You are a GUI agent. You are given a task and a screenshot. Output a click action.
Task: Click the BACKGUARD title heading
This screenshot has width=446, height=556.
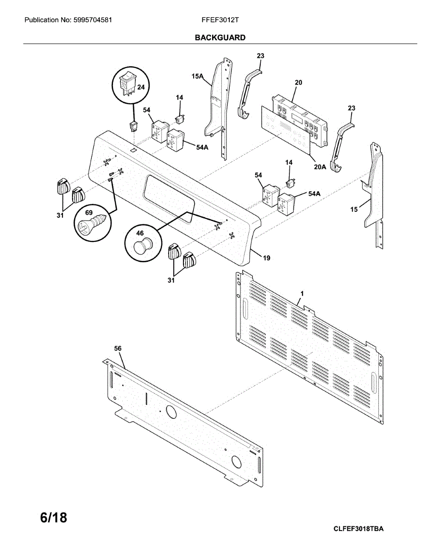coord(220,38)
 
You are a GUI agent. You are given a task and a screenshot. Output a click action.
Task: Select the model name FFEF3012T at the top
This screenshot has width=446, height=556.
coord(220,20)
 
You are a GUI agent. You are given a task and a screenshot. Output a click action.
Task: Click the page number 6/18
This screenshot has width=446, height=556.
coord(54,518)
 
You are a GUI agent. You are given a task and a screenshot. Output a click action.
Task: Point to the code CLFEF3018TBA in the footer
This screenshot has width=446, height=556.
coord(358,529)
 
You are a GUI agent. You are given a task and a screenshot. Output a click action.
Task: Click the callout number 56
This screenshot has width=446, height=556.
coord(118,348)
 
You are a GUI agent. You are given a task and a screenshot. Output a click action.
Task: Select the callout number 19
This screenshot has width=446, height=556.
coord(267,258)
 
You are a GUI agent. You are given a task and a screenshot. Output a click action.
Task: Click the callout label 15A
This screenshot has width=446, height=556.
coord(198,76)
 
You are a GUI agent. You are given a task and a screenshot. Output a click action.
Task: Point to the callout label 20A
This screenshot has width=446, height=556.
coord(320,167)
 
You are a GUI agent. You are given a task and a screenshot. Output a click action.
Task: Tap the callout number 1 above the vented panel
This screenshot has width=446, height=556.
coord(302,294)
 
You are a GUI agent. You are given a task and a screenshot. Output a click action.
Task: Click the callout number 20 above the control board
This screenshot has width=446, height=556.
coord(298,82)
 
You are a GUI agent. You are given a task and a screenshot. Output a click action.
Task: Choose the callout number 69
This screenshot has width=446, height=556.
coord(89,212)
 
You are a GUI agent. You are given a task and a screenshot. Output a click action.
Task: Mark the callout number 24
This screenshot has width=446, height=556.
coord(141,87)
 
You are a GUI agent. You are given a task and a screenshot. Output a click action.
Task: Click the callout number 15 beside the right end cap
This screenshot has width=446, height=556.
coord(354,209)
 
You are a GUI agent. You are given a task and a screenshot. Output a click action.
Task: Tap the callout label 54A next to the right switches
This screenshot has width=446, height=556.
coord(314,194)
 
